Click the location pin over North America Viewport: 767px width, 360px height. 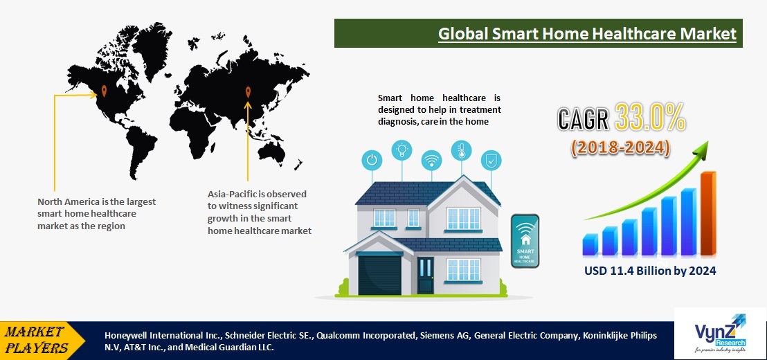click(x=104, y=90)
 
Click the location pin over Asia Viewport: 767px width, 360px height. click(x=248, y=91)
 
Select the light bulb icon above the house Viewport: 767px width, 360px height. click(x=401, y=150)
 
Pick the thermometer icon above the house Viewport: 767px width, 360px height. click(x=461, y=150)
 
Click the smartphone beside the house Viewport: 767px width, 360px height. click(x=525, y=240)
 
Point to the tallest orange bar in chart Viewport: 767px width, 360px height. click(x=708, y=213)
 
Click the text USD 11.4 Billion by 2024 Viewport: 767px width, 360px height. click(x=649, y=271)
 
